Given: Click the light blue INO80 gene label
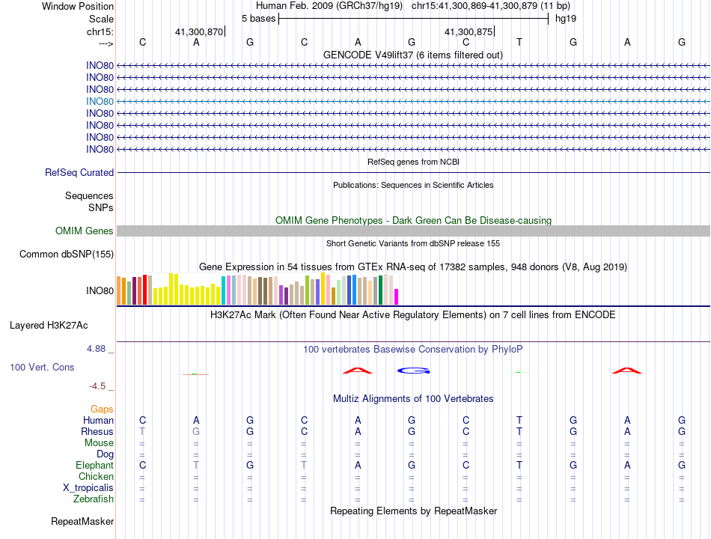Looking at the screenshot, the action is pos(100,102).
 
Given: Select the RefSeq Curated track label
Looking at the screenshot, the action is pos(79,172).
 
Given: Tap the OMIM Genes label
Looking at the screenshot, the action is pos(85,231).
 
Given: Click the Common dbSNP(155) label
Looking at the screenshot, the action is pos(67,254).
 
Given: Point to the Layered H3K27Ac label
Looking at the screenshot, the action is pos(49,326).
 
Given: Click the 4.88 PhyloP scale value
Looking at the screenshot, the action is pos(96,349).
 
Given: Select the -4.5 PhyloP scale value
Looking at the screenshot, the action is pos(97,386).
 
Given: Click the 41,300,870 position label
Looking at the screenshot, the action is pos(199,31).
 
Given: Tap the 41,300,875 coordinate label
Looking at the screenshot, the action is pos(469,31).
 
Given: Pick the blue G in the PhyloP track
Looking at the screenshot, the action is pos(414,371).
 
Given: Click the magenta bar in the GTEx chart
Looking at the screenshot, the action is pos(397,296).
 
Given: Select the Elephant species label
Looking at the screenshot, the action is pos(95,466).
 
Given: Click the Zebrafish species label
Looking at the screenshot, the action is pos(94,499).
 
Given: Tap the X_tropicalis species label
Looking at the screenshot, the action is pos(88,488).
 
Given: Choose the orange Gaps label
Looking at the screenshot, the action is pos(102,409).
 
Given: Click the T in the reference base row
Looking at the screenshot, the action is pos(519,42).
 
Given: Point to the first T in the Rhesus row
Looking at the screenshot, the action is pos(142,431).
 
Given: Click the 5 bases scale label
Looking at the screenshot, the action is pos(258,19).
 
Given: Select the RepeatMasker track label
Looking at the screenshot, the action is pos(82,522).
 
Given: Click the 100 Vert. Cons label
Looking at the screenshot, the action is pos(42,367).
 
